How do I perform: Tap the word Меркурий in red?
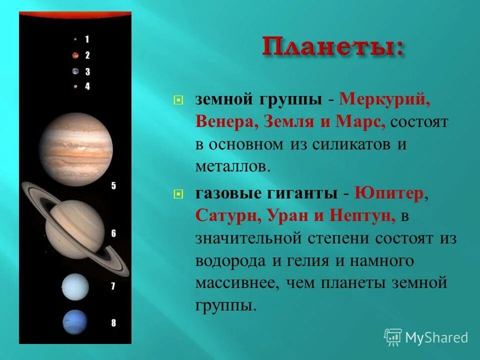384,99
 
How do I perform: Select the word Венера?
224,121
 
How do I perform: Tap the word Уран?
286,216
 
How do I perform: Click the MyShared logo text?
435,337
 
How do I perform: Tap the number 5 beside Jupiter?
113,186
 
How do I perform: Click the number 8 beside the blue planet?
113,323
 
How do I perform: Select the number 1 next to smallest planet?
87,39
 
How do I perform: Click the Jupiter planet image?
76,149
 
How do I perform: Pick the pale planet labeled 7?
75,287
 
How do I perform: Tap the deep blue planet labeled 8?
75,322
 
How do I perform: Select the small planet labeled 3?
75,71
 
